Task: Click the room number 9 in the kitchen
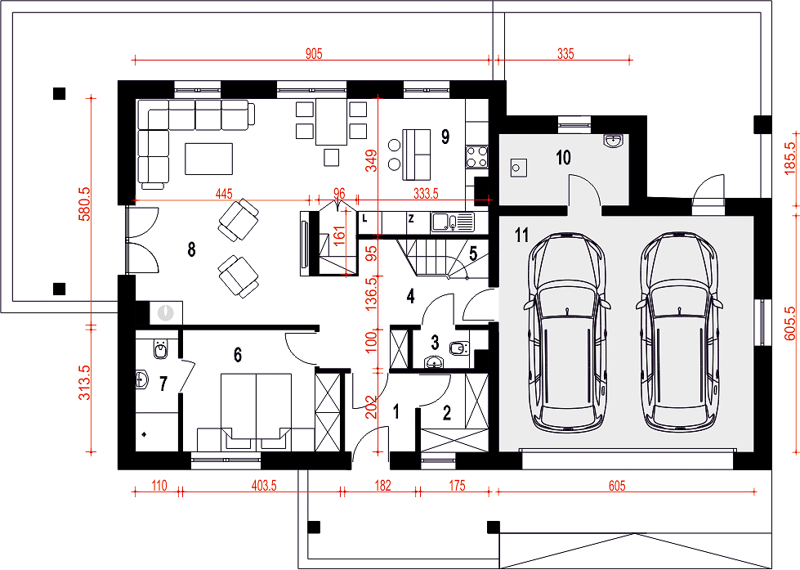tap(445, 137)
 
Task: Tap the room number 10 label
tap(563, 157)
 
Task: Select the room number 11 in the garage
tap(522, 236)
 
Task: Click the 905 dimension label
tap(314, 54)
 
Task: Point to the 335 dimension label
tap(565, 54)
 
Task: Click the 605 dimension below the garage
tap(617, 485)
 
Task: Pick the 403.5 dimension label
tap(264, 485)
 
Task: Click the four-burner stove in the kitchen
tap(477, 157)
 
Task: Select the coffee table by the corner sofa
tap(208, 159)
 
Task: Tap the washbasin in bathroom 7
tap(141, 379)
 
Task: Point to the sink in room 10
tap(613, 140)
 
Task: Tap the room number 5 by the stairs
tap(473, 254)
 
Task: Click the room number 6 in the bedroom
tap(238, 355)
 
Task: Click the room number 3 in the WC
tap(435, 342)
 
